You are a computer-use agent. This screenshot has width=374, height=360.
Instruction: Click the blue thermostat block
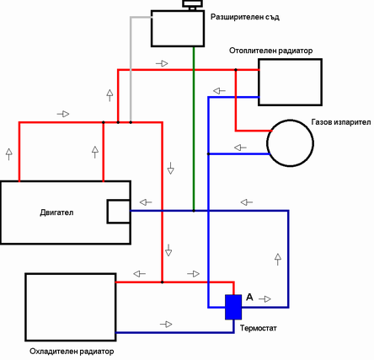233,307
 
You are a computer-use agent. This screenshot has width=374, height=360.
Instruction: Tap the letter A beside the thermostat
249,297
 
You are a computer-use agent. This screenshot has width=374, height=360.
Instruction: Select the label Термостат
259,328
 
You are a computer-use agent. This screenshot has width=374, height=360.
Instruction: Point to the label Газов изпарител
341,122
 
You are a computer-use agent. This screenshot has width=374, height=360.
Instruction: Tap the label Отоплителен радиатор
270,51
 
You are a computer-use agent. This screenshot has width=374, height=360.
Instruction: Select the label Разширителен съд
245,17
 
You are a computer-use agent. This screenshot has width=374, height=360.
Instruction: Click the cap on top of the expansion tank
192,5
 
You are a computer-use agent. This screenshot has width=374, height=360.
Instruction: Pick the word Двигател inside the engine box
56,212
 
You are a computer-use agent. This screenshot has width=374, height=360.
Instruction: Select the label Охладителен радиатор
72,352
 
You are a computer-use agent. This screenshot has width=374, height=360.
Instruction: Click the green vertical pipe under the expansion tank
194,128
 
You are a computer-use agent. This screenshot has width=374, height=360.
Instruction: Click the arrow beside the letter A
264,299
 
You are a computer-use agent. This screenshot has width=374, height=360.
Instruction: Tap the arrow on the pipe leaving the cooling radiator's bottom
166,325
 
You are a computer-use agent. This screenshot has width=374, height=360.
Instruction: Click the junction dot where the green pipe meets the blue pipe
194,211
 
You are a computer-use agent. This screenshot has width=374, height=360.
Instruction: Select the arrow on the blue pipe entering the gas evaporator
240,148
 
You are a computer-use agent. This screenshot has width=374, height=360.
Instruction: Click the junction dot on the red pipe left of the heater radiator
236,69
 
